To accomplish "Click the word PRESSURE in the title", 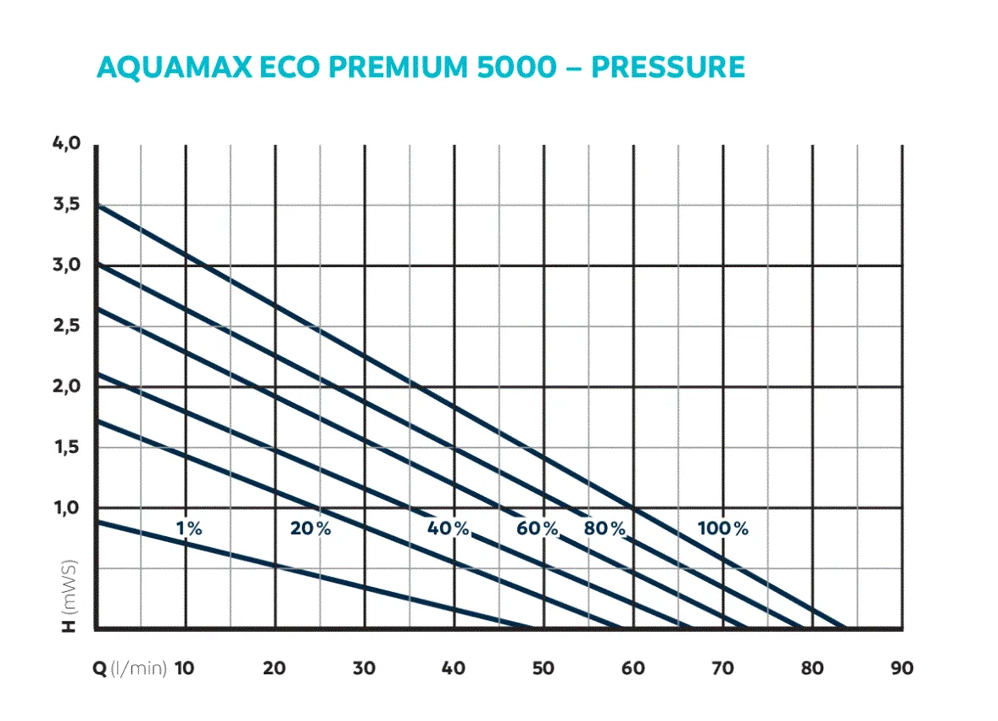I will pyautogui.click(x=668, y=67).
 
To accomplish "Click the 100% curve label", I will pyautogui.click(x=723, y=528).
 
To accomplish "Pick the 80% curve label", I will pyautogui.click(x=605, y=528).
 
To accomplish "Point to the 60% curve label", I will pyautogui.click(x=538, y=528).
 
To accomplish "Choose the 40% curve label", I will pyautogui.click(x=449, y=528).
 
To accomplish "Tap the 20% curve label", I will pyautogui.click(x=310, y=528).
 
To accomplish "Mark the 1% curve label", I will pyautogui.click(x=189, y=528).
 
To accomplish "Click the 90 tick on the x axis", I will pyautogui.click(x=902, y=668).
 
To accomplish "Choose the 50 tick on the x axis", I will pyautogui.click(x=543, y=668).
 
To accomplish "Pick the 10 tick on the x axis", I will pyautogui.click(x=185, y=668).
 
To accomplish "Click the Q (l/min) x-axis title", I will pyautogui.click(x=129, y=668).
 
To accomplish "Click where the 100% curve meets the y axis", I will pyautogui.click(x=96, y=204).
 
